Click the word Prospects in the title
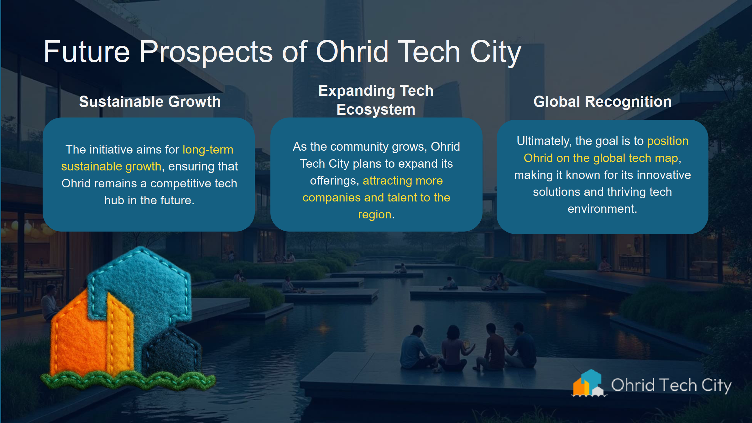coord(206,52)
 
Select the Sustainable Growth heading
coord(150,102)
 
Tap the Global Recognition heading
coord(602,102)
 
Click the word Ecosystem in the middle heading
coord(376,110)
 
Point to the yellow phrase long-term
coord(208,150)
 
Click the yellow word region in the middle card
coord(374,215)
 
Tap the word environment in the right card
coord(602,209)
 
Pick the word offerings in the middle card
coord(334,181)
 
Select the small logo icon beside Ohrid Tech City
coord(588,384)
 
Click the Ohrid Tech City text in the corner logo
coord(671,385)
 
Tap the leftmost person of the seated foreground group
coord(415,348)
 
